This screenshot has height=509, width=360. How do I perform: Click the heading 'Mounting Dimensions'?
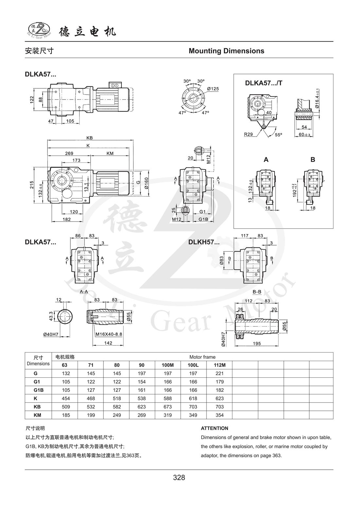coord(226,51)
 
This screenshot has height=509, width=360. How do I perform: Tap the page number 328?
coord(179,478)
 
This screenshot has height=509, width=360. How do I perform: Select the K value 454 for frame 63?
coord(65,398)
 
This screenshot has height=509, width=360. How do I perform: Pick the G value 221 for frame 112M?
coord(220,373)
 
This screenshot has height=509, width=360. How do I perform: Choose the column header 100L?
coord(193,365)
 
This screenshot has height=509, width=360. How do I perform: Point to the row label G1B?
coord(38,390)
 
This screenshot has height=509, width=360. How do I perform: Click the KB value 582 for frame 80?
coord(117,407)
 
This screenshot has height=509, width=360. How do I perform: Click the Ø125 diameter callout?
coord(213,89)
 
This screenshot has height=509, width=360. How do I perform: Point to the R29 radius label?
coord(248,134)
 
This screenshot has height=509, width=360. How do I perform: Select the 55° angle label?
coord(279,135)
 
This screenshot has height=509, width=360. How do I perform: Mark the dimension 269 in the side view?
coord(69,153)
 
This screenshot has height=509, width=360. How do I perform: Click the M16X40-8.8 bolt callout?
coord(109,335)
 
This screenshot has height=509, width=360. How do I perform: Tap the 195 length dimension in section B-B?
coord(257,343)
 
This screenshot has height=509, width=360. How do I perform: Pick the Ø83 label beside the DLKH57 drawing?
coord(222,260)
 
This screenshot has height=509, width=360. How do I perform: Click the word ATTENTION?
coord(214,428)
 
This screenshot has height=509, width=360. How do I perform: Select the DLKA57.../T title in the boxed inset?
coord(263,83)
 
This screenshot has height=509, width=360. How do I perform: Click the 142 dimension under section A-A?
coord(108,343)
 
